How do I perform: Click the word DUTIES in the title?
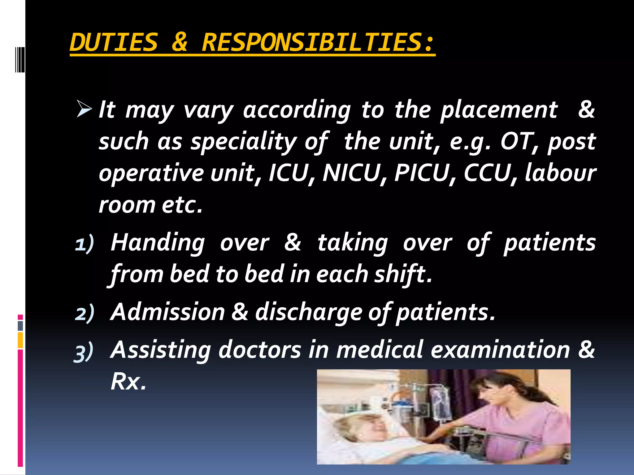114,43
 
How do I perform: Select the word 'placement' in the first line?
499,110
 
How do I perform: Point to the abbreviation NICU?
351,173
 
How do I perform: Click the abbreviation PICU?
422,173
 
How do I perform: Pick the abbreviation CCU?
487,173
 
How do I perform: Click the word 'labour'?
560,173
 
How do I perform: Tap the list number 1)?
84,244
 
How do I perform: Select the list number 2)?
84,313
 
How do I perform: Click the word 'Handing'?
158,243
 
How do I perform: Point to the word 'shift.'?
402,274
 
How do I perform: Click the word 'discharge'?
308,312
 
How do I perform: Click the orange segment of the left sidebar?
20,340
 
